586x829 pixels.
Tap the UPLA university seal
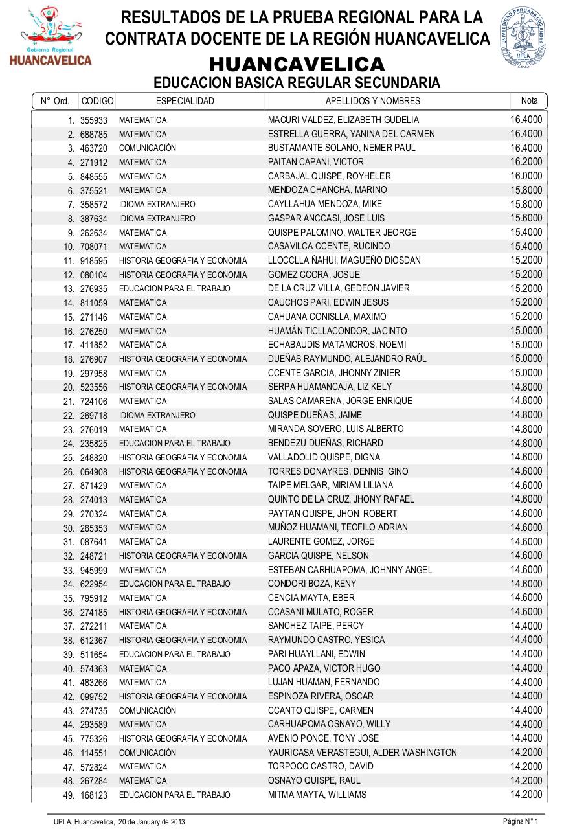click(523, 38)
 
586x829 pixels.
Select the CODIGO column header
click(98, 101)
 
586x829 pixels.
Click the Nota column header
click(529, 100)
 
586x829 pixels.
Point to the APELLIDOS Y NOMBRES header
click(372, 101)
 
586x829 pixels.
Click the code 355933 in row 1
click(94, 120)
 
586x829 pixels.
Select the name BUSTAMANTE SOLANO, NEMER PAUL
click(342, 148)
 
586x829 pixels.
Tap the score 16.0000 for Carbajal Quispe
click(526, 176)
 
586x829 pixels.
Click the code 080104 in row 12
click(94, 275)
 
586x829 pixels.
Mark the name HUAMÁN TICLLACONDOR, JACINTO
click(337, 331)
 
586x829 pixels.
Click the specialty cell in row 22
click(157, 415)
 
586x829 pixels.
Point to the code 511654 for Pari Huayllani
click(94, 655)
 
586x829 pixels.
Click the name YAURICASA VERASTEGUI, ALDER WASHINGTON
click(363, 753)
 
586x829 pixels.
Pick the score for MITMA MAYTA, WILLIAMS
click(526, 795)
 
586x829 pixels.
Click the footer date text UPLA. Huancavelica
click(120, 821)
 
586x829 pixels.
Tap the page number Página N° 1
click(521, 821)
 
